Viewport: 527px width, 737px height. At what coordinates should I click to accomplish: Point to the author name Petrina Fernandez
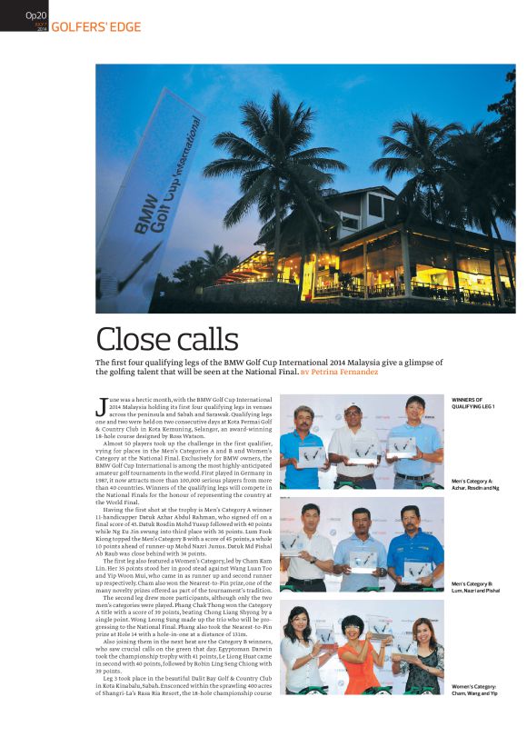(x=336, y=372)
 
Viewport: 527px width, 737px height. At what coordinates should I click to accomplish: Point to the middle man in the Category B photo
(x=361, y=550)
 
